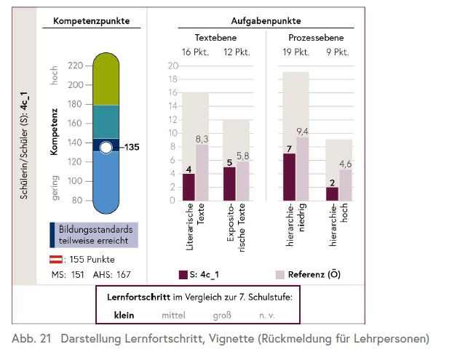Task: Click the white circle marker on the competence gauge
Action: coord(106,148)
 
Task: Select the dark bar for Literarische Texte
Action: coord(189,186)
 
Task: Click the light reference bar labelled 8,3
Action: coord(202,172)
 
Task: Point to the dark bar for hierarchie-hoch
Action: coord(332,193)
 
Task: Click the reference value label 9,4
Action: coord(303,132)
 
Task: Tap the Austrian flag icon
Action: coord(55,260)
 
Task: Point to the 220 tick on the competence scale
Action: coord(75,65)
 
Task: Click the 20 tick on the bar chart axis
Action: coord(173,65)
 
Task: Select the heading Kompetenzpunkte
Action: coord(92,21)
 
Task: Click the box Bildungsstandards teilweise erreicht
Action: coord(95,235)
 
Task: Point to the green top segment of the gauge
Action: coord(106,80)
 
